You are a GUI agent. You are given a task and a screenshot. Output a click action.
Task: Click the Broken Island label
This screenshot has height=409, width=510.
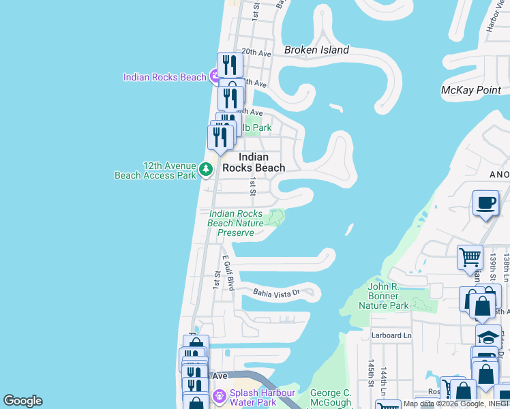pyautogui.click(x=316, y=50)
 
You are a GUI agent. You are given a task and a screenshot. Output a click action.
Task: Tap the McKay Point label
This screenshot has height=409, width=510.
pyautogui.click(x=471, y=90)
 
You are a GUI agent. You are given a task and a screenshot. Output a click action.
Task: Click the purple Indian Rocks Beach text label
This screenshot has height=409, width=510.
pyautogui.click(x=164, y=77)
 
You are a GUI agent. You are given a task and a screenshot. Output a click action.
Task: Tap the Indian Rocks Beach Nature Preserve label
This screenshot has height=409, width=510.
pyautogui.click(x=235, y=223)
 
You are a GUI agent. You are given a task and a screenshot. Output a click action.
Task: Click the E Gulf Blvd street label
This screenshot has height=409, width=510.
pyautogui.click(x=228, y=273)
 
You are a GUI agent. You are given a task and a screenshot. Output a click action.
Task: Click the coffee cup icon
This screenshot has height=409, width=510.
pyautogui.click(x=485, y=203)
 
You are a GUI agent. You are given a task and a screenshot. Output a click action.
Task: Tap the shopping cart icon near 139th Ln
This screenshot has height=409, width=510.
pyautogui.click(x=470, y=258)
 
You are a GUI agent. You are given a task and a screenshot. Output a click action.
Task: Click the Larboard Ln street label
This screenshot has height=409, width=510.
pyautogui.click(x=391, y=335)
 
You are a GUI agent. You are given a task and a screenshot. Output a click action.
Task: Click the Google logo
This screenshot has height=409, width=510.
pyautogui.click(x=22, y=401)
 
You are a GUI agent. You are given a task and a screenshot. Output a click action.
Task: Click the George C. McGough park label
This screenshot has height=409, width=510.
pyautogui.click(x=331, y=397)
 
